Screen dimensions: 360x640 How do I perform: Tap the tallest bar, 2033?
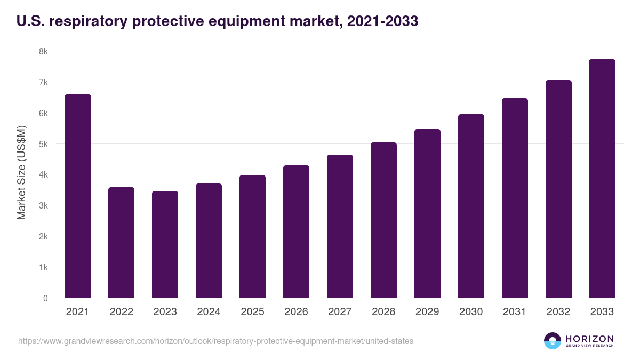pos(602,179)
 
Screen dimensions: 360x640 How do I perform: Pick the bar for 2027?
pos(340,226)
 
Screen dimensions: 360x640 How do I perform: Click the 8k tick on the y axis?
pos(43,52)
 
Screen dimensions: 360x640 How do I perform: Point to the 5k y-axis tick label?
pos(43,144)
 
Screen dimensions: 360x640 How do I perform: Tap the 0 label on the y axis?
pos(45,298)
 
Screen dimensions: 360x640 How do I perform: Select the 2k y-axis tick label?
pos(43,236)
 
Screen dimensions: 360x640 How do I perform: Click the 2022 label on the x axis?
pos(122,312)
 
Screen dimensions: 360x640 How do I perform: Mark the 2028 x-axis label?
pos(383,312)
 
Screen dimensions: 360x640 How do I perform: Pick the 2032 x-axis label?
pos(558,312)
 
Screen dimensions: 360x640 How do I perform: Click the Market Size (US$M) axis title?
pos(21,173)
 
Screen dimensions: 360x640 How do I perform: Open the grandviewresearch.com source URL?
pos(215,341)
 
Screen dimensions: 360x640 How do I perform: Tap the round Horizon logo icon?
pos(553,341)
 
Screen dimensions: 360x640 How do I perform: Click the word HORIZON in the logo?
pos(589,339)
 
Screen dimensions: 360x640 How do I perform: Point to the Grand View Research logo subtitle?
pos(589,346)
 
